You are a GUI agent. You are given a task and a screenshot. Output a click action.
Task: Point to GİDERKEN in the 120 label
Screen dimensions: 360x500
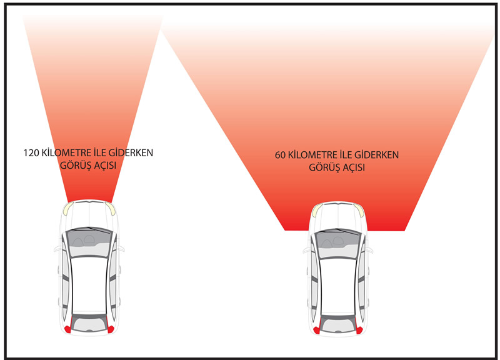(133, 152)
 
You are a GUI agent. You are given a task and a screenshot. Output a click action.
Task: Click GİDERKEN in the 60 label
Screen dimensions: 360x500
(378, 154)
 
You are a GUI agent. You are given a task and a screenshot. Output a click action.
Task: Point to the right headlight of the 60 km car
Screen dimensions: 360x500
(359, 209)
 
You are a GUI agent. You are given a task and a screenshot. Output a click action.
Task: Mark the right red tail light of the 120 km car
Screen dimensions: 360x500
(111, 327)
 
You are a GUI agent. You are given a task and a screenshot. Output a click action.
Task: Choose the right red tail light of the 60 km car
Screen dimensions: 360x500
(360, 328)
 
